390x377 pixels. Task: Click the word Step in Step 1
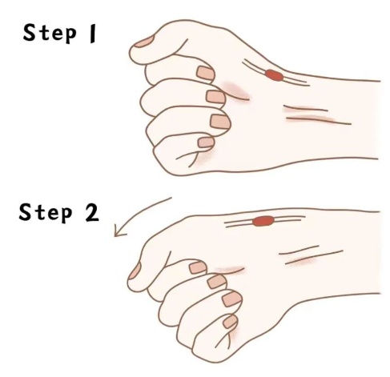click(x=50, y=34)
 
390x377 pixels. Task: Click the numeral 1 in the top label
click(x=92, y=34)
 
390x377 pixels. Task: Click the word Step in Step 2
click(x=46, y=213)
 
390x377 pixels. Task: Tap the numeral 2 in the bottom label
click(x=92, y=213)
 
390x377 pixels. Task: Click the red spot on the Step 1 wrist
click(x=274, y=75)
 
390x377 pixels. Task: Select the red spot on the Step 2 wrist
click(x=263, y=221)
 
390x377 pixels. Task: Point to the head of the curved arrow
click(x=117, y=232)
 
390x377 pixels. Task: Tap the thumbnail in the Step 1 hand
click(x=144, y=42)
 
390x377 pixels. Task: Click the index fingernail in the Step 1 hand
click(x=206, y=73)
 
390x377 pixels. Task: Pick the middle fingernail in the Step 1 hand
click(x=215, y=97)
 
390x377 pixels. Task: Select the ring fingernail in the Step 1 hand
click(x=220, y=122)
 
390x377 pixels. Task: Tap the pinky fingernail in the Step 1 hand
click(x=206, y=142)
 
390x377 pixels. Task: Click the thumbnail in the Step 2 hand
click(x=135, y=271)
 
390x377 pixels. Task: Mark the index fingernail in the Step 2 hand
click(x=198, y=267)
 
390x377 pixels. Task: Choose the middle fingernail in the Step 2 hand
click(x=217, y=282)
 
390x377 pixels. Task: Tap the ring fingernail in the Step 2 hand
click(x=232, y=299)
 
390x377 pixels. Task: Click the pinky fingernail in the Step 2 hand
click(x=230, y=321)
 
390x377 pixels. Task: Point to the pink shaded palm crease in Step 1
click(x=235, y=90)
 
